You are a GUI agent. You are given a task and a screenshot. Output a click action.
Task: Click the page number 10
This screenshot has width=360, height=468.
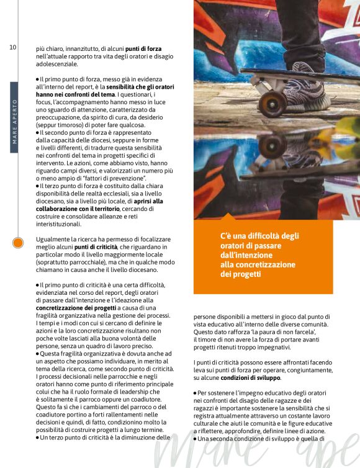pyautogui.click(x=13, y=47)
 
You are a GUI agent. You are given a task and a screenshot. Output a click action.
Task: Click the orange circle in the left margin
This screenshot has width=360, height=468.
pyautogui.click(x=18, y=243)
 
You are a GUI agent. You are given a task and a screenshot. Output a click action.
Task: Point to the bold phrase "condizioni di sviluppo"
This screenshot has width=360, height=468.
pyautogui.click(x=254, y=377)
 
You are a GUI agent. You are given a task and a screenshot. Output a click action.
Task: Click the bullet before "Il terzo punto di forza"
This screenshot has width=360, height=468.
pyautogui.click(x=37, y=186)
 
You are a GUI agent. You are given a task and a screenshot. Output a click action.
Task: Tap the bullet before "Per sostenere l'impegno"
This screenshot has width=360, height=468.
pyautogui.click(x=195, y=394)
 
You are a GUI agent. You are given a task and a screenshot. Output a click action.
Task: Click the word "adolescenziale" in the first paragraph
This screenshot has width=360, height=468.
pyautogui.click(x=56, y=63)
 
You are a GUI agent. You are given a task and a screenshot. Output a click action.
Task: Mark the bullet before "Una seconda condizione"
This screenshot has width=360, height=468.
pyautogui.click(x=195, y=439)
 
